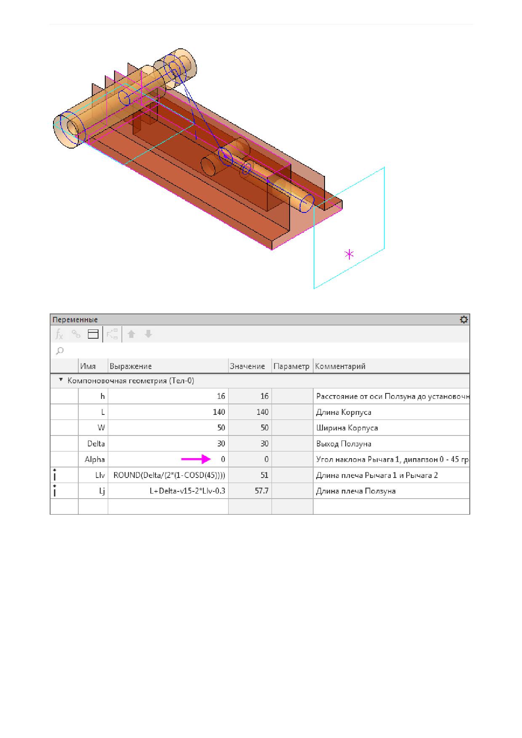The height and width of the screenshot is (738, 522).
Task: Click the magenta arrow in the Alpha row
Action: (x=196, y=459)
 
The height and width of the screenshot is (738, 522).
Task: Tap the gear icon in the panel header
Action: (x=463, y=320)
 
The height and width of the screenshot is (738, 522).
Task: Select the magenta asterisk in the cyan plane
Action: (x=349, y=254)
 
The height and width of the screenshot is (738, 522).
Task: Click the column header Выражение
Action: (x=130, y=366)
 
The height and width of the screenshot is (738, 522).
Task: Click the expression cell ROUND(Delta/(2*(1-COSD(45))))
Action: (x=169, y=475)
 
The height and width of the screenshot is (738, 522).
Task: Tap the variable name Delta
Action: (x=96, y=443)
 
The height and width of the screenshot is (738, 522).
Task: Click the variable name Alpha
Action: (x=95, y=459)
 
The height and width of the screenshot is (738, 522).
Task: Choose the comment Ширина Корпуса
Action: (x=347, y=428)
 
